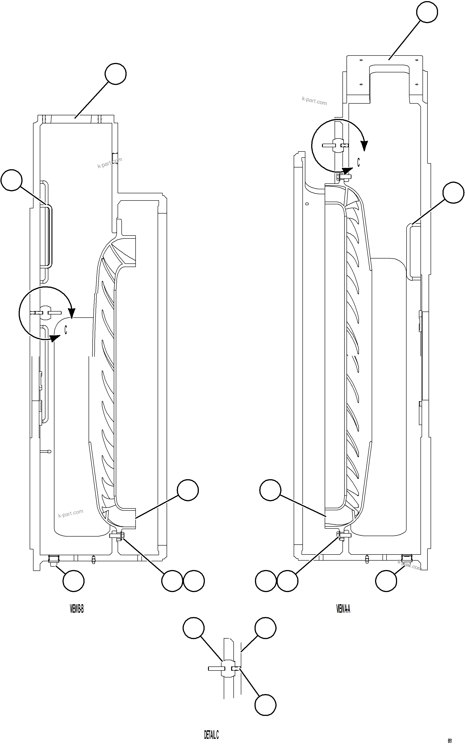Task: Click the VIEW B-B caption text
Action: [x=77, y=609]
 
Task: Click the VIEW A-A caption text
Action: [x=343, y=609]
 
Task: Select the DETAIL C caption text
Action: [x=211, y=735]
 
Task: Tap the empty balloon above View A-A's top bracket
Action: [x=427, y=12]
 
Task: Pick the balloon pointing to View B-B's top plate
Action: [x=116, y=74]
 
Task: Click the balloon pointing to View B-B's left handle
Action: [x=12, y=180]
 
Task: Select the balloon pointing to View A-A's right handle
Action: [x=453, y=193]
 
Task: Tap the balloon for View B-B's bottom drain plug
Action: [x=73, y=581]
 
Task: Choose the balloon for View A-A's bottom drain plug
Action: [x=386, y=581]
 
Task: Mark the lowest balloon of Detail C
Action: [x=265, y=705]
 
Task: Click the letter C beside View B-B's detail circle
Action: [x=65, y=330]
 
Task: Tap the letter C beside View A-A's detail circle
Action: [x=358, y=162]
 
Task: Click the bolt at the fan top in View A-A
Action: [x=343, y=176]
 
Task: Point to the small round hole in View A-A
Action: [x=307, y=203]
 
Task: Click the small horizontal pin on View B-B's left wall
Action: [x=46, y=452]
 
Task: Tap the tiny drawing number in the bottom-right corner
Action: [x=449, y=738]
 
